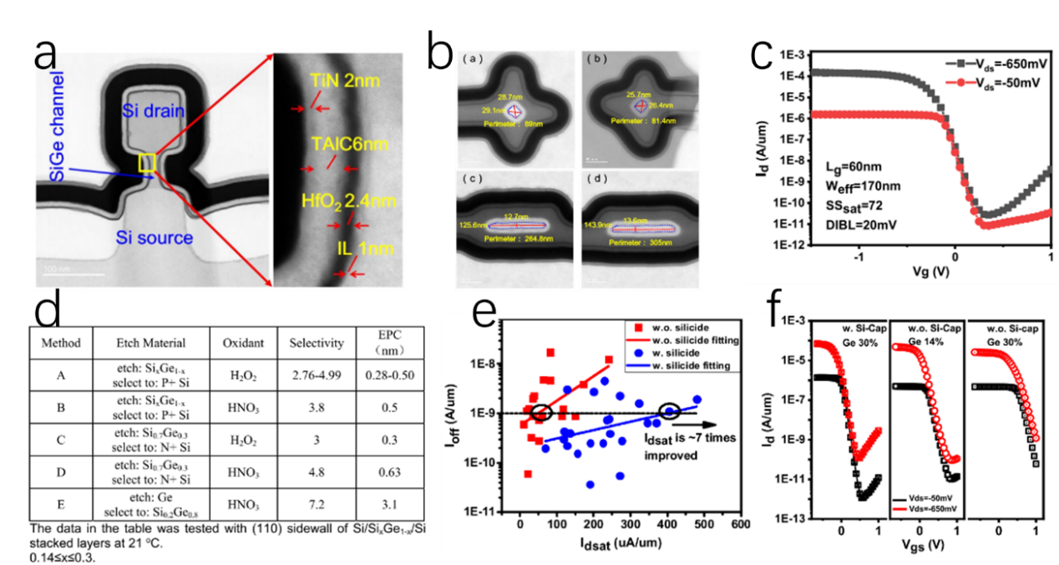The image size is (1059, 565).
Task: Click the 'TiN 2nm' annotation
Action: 342,82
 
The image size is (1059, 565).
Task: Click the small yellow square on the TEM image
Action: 147,161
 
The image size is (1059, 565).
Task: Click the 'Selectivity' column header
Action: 317,343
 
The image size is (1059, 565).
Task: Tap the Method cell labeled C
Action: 61,441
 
